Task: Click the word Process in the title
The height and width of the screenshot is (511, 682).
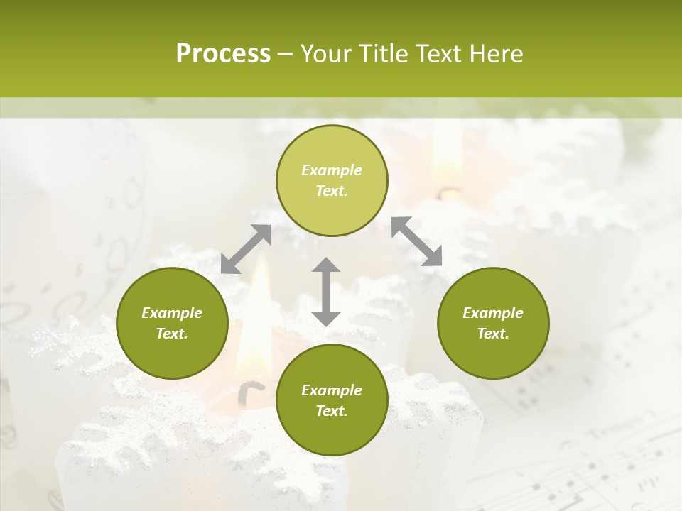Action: [x=223, y=54]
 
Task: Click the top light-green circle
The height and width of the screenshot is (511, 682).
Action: [x=332, y=181]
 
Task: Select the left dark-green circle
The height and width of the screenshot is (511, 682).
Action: [x=172, y=324]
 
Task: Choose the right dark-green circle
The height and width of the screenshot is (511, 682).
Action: [x=493, y=324]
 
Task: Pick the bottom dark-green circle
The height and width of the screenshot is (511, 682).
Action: [x=332, y=400]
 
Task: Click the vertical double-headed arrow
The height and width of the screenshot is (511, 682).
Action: [x=326, y=292]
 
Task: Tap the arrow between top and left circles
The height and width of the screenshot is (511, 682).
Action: [x=246, y=249]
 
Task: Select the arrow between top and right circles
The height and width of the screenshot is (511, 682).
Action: [x=417, y=241]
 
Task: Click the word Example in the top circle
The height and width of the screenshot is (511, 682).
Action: [x=332, y=170]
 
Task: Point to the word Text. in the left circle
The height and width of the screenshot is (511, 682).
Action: [x=172, y=334]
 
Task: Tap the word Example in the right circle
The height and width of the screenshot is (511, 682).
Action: [x=493, y=313]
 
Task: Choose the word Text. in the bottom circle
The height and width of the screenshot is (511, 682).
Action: [x=332, y=411]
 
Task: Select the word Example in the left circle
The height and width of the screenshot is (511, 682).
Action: [x=172, y=313]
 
